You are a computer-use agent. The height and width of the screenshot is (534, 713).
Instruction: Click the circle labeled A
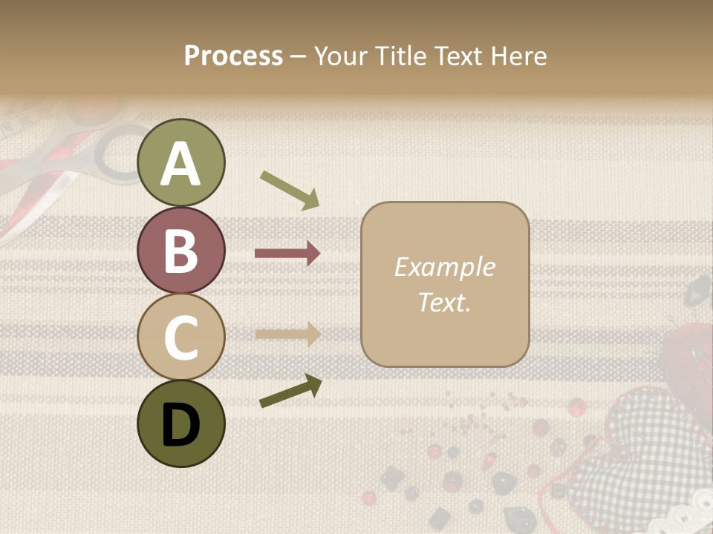[x=181, y=163]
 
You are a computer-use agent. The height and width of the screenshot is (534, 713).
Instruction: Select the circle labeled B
[x=181, y=250]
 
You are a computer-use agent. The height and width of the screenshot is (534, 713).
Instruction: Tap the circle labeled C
[x=181, y=337]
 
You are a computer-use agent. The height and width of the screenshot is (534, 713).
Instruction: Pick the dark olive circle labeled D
[x=181, y=423]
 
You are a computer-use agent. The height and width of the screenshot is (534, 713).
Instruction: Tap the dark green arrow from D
[x=290, y=392]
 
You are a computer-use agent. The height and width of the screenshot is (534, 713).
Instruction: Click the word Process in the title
[x=233, y=56]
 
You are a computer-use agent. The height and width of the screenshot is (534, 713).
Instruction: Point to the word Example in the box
[x=444, y=267]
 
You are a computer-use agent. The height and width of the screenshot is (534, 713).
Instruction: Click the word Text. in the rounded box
[x=444, y=302]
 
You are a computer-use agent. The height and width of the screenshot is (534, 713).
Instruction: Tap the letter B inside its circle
[x=181, y=251]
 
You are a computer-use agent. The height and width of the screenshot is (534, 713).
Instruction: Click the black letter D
[x=181, y=425]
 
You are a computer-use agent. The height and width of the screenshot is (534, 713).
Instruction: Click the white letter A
[x=181, y=164]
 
